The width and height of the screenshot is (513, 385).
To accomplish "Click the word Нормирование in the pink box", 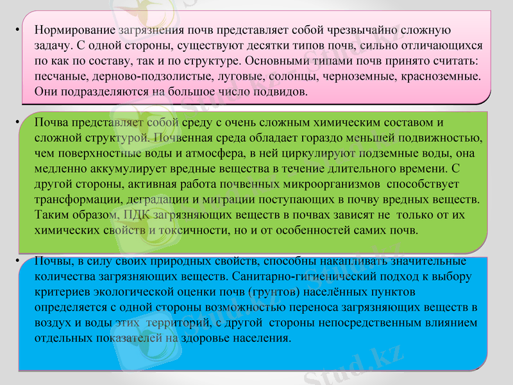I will pyautogui.click(x=75, y=30).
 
